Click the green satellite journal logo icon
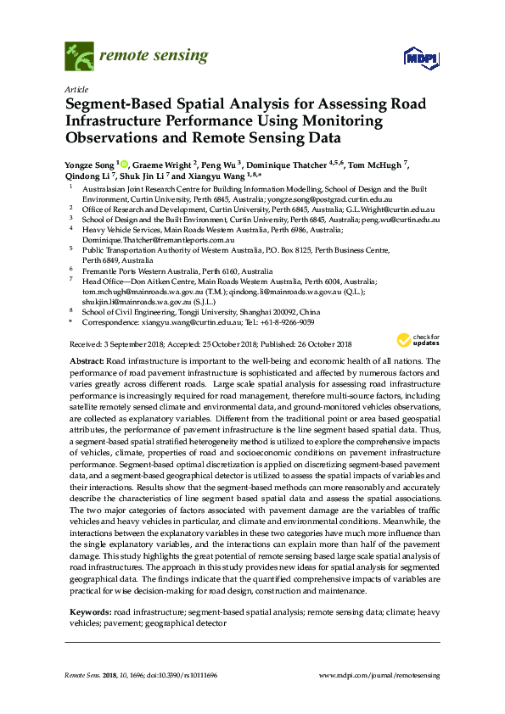pyautogui.click(x=79, y=58)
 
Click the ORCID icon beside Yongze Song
pyautogui.click(x=124, y=164)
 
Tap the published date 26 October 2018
pyautogui.click(x=314, y=343)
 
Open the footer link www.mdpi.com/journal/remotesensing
pyautogui.click(x=379, y=674)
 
